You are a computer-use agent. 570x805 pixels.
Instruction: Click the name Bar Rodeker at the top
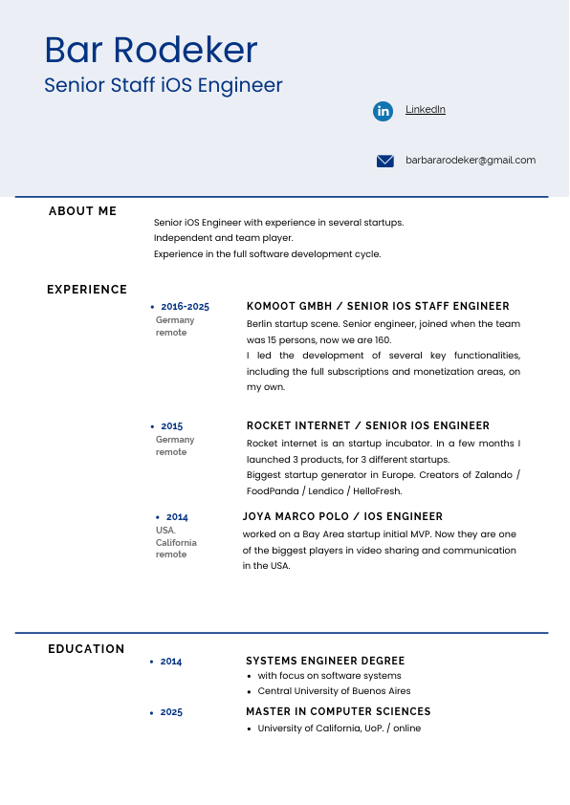click(x=151, y=50)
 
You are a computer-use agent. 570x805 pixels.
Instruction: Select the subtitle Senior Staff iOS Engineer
click(x=164, y=85)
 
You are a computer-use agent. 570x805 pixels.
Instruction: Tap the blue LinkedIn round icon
click(x=384, y=111)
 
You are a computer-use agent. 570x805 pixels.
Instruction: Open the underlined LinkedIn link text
click(x=426, y=110)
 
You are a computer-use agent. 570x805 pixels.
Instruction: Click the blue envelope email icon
click(x=385, y=161)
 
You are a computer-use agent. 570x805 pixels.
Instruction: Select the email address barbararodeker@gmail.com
click(x=471, y=161)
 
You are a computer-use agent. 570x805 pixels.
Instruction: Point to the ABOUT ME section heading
click(x=82, y=211)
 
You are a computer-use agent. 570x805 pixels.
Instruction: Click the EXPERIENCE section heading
click(x=87, y=290)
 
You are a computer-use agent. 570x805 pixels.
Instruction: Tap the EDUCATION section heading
click(x=86, y=649)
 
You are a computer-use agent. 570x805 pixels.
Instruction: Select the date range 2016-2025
click(x=185, y=307)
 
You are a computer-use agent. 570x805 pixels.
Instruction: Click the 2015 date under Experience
click(x=172, y=426)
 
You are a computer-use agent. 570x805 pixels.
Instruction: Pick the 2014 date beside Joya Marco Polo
click(x=177, y=517)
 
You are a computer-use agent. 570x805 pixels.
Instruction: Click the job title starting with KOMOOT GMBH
click(x=378, y=307)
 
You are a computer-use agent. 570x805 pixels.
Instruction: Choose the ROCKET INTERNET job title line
click(x=367, y=426)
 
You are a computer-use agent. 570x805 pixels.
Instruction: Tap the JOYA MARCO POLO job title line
click(x=342, y=516)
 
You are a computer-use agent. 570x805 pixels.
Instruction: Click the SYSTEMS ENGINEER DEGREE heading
click(x=325, y=661)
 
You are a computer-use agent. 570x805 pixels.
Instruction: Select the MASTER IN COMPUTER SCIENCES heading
click(x=339, y=711)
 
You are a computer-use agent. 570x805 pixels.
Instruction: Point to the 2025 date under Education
click(x=171, y=712)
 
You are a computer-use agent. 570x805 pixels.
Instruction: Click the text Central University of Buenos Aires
click(x=334, y=691)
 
